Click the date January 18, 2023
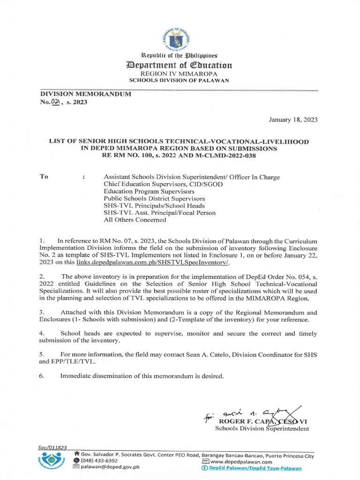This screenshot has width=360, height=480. (292, 120)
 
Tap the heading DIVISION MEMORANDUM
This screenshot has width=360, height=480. (85, 94)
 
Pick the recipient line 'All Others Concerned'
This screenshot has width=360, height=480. (135, 219)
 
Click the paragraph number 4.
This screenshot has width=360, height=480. (42, 332)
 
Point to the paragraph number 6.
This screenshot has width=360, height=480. (42, 375)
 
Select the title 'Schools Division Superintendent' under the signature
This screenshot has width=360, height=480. (262, 428)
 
